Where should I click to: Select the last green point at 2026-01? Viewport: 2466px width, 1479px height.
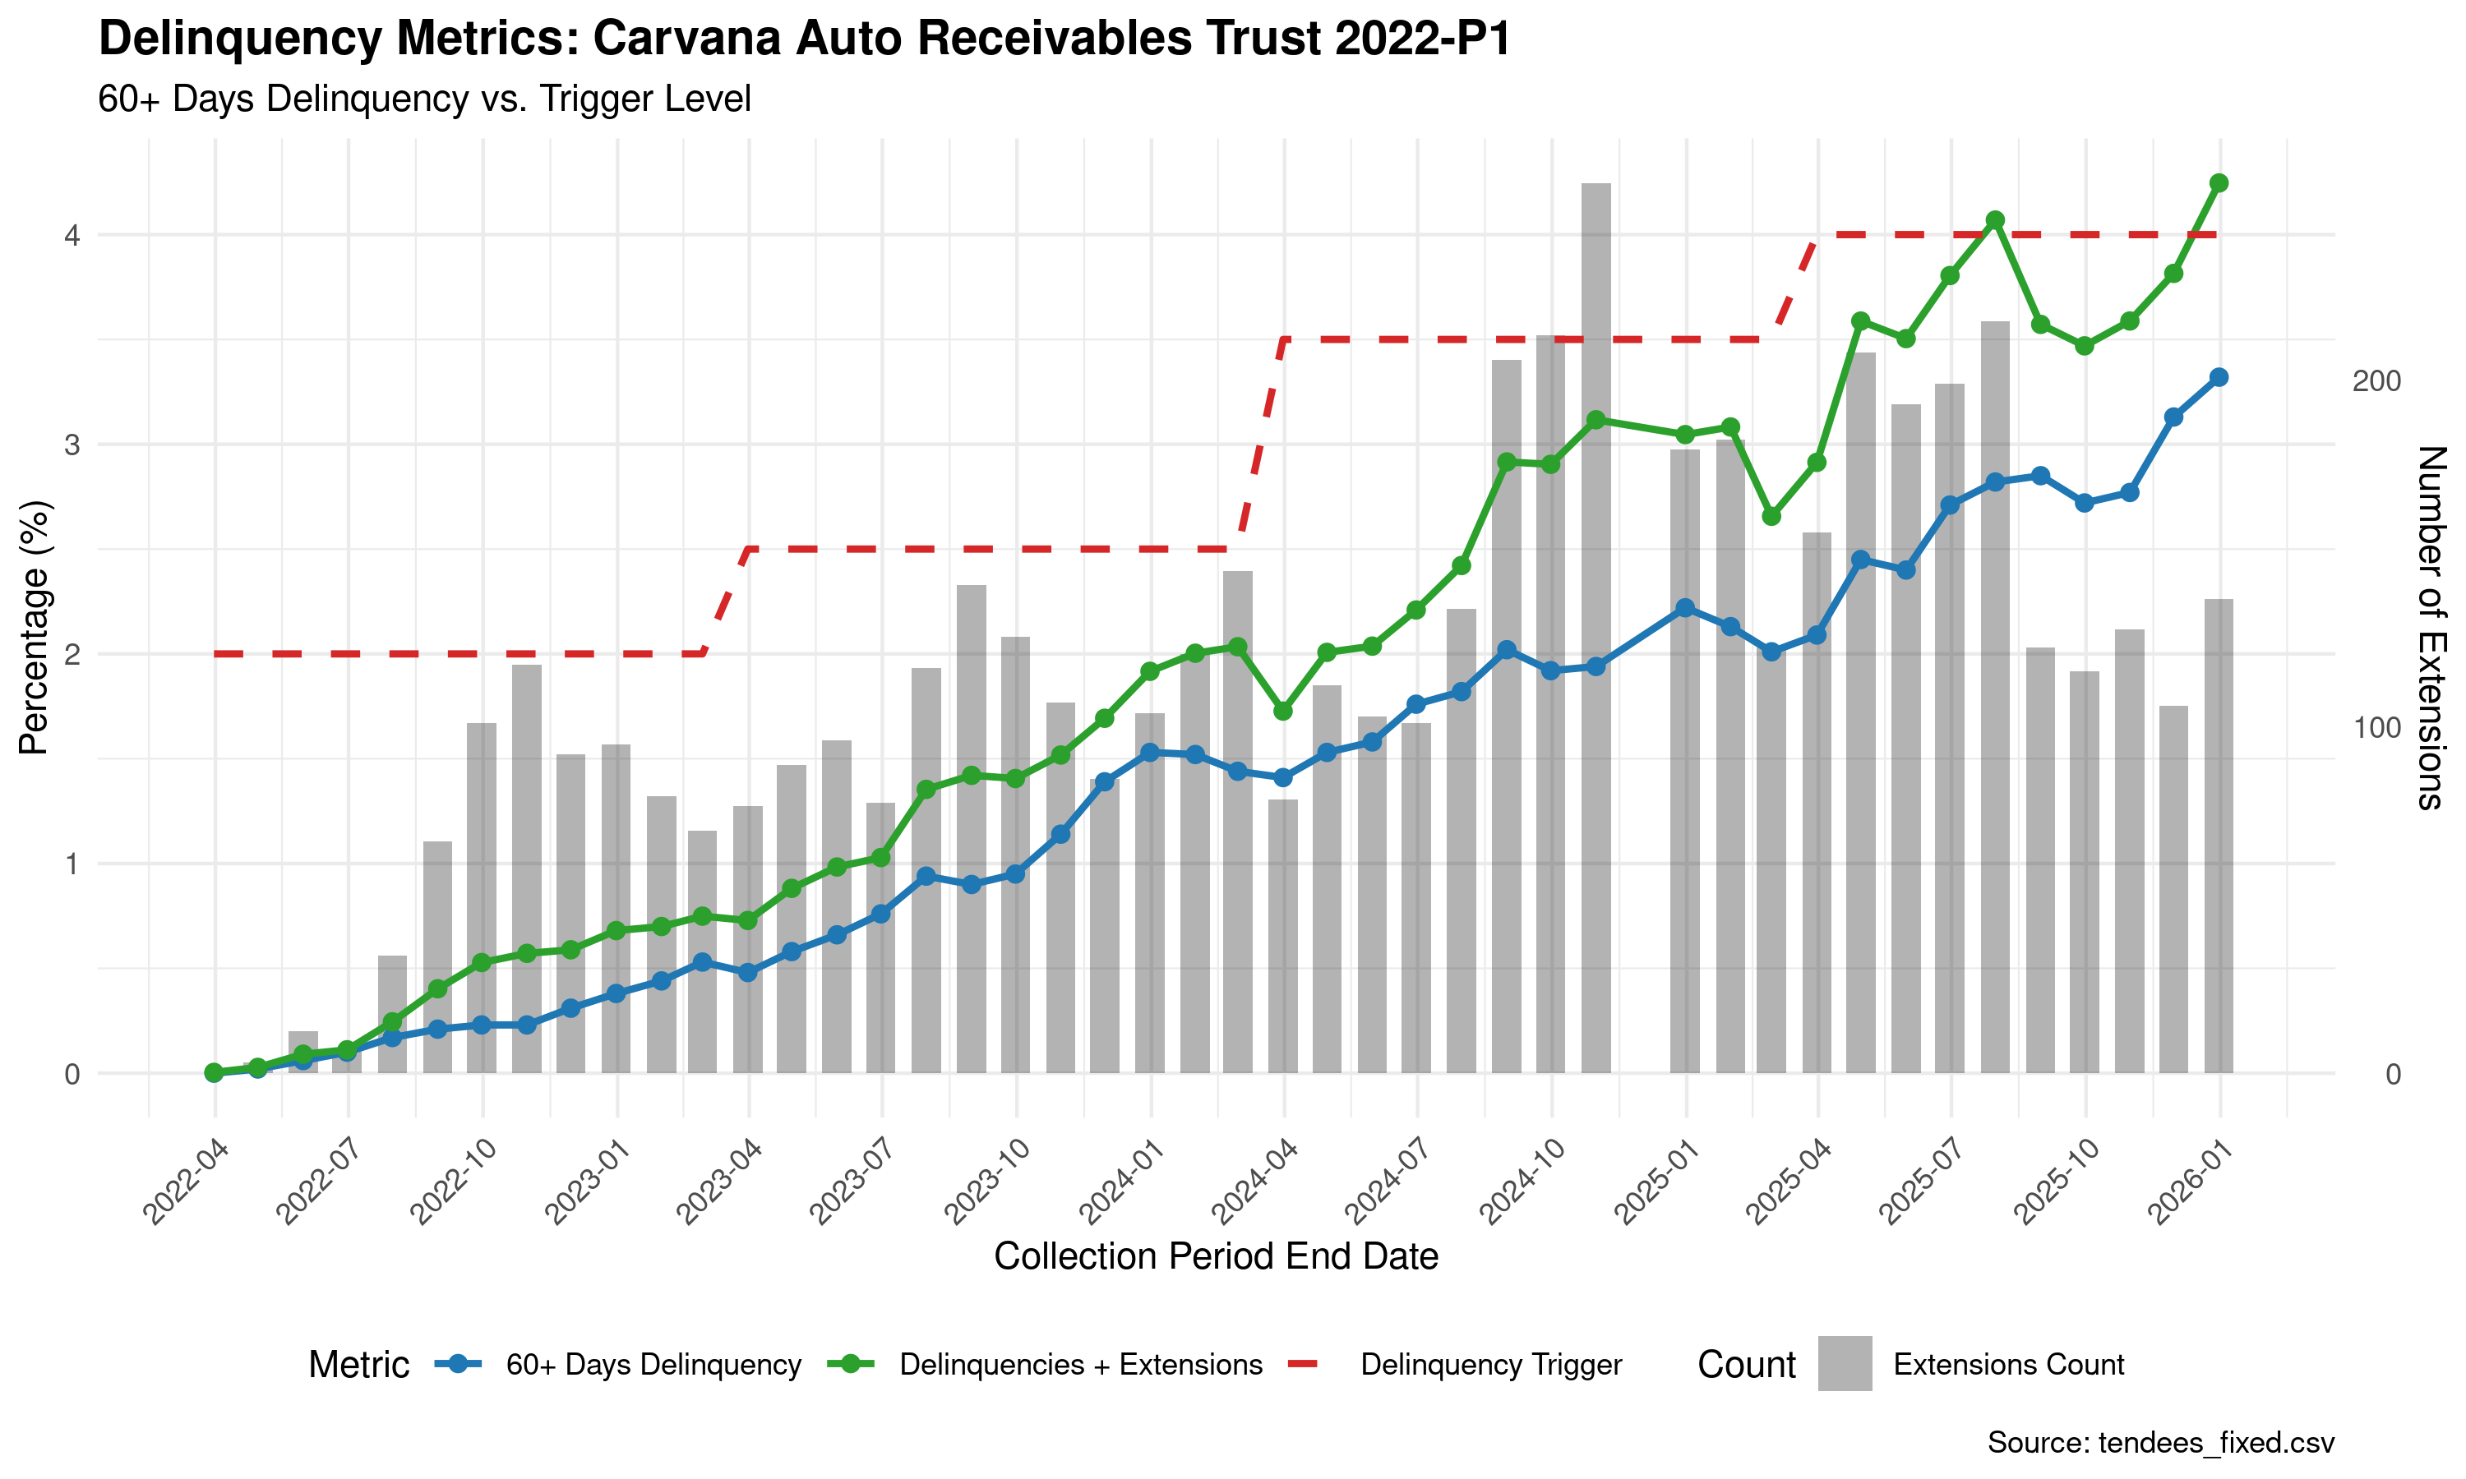(x=2219, y=183)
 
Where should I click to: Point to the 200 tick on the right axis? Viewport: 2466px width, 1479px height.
(x=2376, y=382)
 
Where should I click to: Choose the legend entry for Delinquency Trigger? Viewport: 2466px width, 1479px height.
(x=1490, y=1365)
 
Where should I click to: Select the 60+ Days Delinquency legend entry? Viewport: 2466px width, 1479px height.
(x=653, y=1365)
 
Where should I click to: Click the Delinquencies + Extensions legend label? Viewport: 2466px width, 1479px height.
(x=1080, y=1365)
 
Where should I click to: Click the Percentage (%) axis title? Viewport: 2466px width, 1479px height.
(x=34, y=628)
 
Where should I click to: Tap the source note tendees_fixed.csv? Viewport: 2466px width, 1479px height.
(x=2214, y=1442)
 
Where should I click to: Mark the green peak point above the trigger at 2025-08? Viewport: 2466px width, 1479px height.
(x=1994, y=220)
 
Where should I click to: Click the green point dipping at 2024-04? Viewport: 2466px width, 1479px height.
(x=1283, y=711)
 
